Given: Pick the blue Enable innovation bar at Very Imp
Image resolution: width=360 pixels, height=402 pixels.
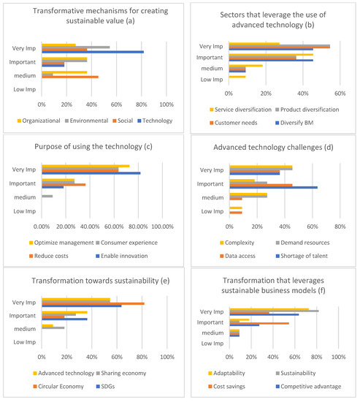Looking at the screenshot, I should (x=91, y=173).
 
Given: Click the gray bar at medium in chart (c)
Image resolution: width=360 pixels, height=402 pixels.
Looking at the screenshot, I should (x=47, y=196).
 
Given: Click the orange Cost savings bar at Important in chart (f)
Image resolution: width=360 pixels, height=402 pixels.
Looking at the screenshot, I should (x=258, y=323).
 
